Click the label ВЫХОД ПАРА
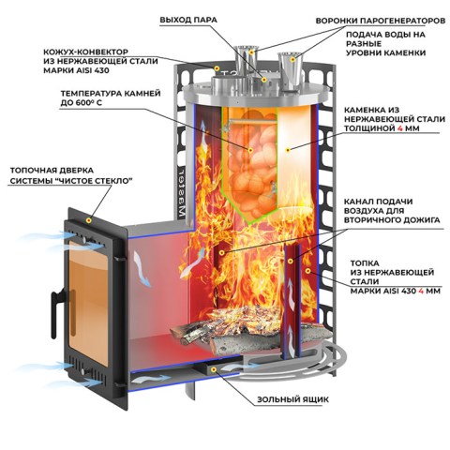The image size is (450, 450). (x=188, y=20)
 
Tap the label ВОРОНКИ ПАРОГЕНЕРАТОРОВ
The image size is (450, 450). (x=381, y=21)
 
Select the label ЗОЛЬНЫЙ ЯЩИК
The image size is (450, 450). (x=292, y=399)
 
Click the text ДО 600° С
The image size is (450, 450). (x=82, y=102)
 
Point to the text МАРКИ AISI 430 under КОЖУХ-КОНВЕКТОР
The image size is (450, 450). (x=76, y=70)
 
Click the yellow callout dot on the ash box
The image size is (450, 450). (x=214, y=369)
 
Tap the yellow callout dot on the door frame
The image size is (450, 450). (x=89, y=220)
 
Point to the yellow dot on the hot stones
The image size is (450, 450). (x=250, y=150)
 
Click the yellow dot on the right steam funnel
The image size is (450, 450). (x=292, y=59)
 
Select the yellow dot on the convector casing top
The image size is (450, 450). (x=217, y=67)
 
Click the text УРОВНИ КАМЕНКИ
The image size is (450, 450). (x=385, y=52)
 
